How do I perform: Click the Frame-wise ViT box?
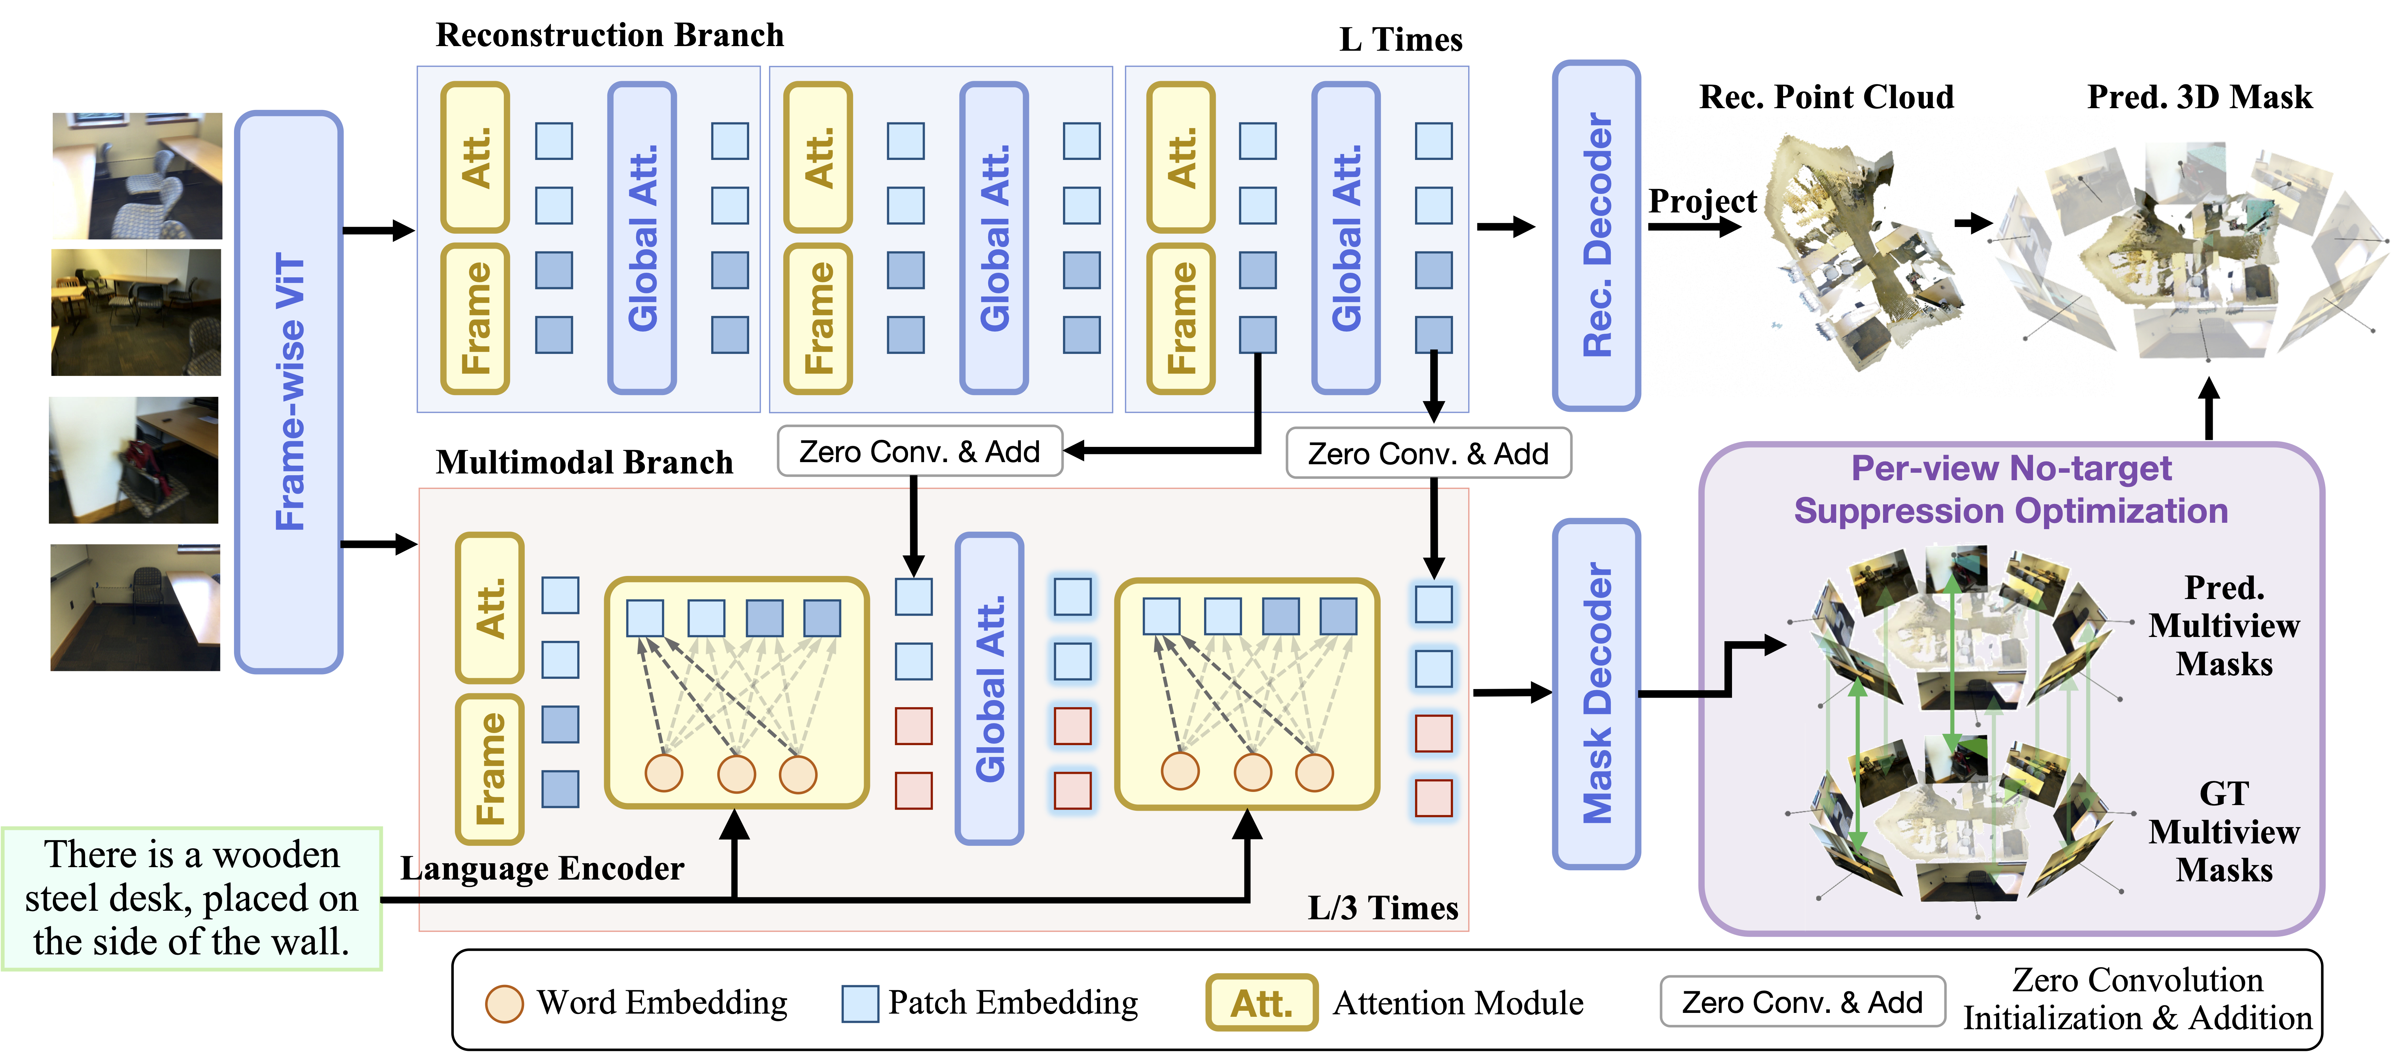click(289, 392)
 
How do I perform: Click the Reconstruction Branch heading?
click(610, 35)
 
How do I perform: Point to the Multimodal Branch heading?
click(584, 462)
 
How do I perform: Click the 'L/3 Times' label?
click(1382, 908)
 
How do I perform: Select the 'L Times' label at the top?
click(1400, 40)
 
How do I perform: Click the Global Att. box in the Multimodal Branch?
click(989, 688)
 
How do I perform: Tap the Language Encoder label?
click(542, 869)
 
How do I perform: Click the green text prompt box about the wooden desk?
click(191, 898)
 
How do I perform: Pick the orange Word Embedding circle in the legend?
click(504, 1003)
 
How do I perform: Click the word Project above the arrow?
click(1701, 201)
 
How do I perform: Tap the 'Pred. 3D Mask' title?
click(2199, 97)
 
